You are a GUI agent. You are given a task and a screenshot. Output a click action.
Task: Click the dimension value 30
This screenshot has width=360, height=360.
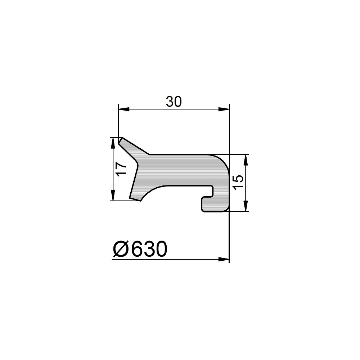coord(174,102)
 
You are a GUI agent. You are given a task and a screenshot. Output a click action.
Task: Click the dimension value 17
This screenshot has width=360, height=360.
coord(121,169)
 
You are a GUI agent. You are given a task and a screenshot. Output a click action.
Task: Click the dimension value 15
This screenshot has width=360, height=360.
coord(237,183)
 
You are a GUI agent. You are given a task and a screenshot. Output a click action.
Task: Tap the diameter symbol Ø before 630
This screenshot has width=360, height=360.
coord(121,249)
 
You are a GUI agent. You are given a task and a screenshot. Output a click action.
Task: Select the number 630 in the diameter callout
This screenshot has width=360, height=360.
coord(148,249)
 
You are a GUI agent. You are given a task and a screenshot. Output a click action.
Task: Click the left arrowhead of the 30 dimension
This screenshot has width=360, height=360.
coord(124,109)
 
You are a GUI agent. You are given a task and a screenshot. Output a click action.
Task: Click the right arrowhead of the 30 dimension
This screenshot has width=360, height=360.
coord(224,109)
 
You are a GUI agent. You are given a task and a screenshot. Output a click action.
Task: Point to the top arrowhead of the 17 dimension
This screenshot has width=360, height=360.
coord(113,143)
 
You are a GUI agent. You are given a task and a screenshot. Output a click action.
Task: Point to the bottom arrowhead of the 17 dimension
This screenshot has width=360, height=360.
coord(113,195)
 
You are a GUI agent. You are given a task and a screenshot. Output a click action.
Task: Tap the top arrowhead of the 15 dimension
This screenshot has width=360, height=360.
coord(246,160)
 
